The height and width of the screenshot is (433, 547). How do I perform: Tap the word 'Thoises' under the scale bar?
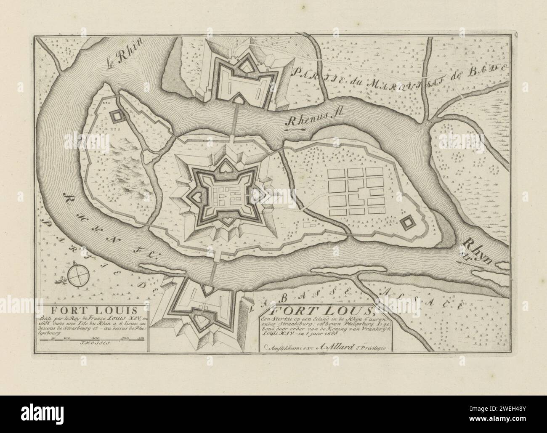click(x=91, y=343)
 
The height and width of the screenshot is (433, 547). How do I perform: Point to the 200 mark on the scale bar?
click(x=95, y=338)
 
